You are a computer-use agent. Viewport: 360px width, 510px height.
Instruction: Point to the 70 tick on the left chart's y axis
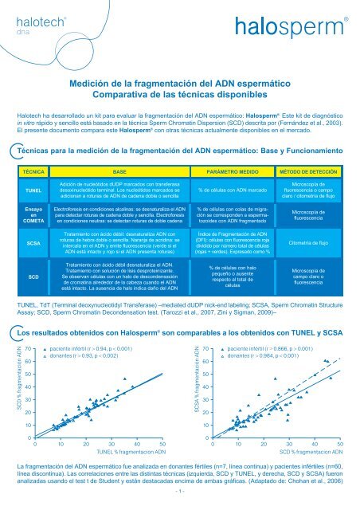click(29, 349)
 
